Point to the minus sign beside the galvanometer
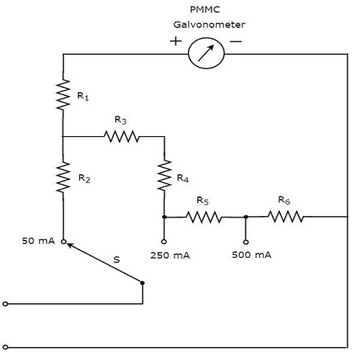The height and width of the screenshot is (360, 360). [235, 41]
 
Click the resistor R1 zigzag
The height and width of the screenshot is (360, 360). [63, 94]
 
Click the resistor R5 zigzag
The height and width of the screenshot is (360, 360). [204, 216]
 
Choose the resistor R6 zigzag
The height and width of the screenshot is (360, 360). [287, 216]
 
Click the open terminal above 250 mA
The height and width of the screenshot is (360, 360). [164, 241]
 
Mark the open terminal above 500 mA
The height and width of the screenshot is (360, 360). [246, 241]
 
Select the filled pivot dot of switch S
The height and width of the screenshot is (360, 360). [143, 283]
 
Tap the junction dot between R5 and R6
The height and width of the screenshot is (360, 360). [246, 216]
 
